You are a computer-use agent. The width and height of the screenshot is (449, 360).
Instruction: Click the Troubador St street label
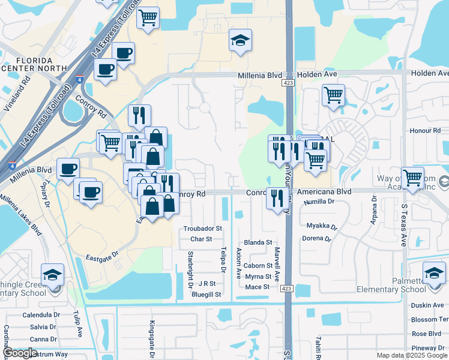pyautogui.click(x=203, y=229)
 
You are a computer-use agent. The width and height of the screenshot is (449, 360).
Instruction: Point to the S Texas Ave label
pyautogui.click(x=403, y=225)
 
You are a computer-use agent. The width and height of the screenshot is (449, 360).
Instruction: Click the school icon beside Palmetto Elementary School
pyautogui.click(x=434, y=273)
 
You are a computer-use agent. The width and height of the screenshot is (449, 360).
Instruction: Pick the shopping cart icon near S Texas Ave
pyautogui.click(x=412, y=178)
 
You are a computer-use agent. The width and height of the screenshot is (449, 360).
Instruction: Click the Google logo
pyautogui.click(x=19, y=353)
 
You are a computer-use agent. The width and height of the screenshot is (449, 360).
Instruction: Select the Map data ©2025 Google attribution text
pyautogui.click(x=412, y=355)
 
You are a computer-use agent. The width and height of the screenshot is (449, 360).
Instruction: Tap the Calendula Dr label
pyautogui.click(x=41, y=315)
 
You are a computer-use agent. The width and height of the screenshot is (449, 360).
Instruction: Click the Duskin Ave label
pyautogui.click(x=427, y=305)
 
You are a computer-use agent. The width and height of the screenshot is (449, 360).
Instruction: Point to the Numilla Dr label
pyautogui.click(x=319, y=202)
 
